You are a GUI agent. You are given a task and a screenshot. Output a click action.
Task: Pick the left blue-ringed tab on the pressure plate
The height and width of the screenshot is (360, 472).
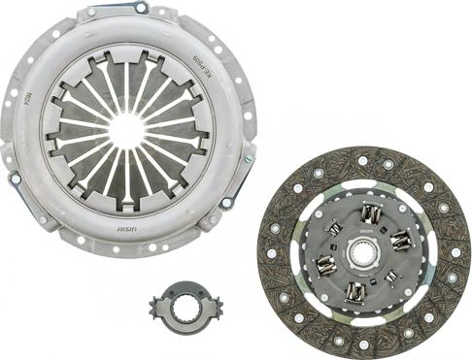(14, 180)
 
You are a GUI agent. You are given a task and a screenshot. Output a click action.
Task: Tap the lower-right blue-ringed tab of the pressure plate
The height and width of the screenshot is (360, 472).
(224, 203)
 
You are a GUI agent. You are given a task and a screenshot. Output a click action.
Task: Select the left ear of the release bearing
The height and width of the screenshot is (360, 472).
(154, 306)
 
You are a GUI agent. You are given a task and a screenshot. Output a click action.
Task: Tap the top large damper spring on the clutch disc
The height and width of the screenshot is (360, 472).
(368, 214)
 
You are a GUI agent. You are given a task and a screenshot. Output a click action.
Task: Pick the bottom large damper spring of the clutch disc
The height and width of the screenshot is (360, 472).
(356, 290)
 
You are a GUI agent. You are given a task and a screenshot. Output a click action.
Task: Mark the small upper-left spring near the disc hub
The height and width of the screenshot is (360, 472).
(335, 229)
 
